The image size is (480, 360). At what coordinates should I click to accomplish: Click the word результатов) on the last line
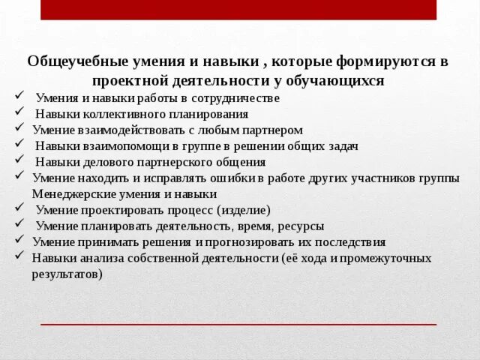coord(67,274)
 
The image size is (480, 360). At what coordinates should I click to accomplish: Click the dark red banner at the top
coord(238,10)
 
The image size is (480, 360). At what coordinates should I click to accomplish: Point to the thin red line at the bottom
coord(238,324)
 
